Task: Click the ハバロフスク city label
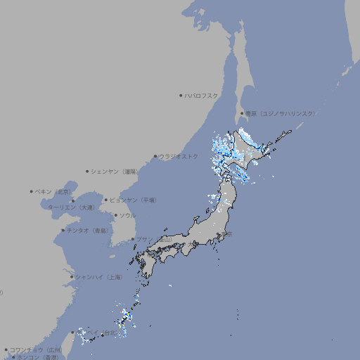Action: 202,96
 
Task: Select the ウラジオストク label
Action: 179,156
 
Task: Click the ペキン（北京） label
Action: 54,191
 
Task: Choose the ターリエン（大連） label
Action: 71,207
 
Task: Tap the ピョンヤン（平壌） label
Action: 134,200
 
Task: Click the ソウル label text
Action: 127,215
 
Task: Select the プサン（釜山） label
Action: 153,240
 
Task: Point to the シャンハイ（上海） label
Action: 98,277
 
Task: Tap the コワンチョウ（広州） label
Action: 36,349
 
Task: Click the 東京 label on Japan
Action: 229,235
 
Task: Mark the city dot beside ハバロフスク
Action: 181,96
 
